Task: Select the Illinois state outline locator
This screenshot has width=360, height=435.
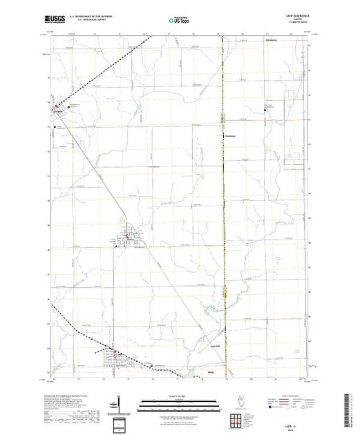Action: (x=238, y=402)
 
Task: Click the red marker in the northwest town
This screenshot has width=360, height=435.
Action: (x=57, y=106)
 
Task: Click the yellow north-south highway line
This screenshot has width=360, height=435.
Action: (x=223, y=207)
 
